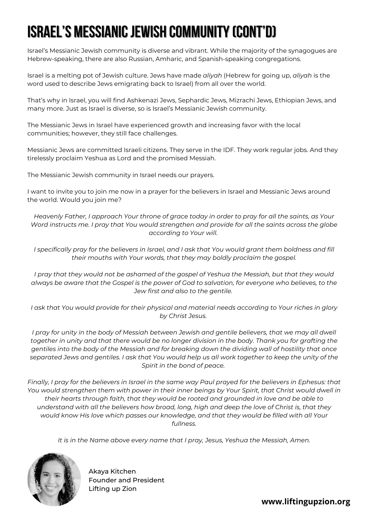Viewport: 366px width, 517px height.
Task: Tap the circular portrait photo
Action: tap(54, 479)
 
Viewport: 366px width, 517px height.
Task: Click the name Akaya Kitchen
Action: tap(112, 472)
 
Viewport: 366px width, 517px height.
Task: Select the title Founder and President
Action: tap(126, 480)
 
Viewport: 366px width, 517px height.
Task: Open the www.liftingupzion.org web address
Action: tap(306, 502)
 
